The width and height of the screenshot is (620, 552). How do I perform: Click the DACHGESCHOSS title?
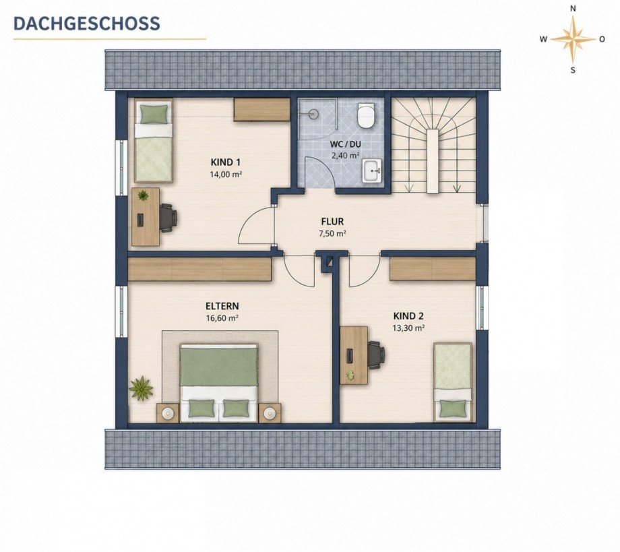[86, 23]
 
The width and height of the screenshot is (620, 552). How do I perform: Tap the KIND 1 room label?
[225, 162]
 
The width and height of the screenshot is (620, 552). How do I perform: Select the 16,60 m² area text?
[222, 317]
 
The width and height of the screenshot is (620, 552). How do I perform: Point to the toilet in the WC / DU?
[365, 115]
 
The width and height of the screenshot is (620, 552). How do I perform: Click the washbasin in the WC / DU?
[372, 171]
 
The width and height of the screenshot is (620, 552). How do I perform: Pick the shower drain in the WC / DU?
[313, 113]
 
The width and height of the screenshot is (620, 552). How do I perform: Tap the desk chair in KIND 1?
[169, 218]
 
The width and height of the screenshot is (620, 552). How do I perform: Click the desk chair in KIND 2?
[376, 355]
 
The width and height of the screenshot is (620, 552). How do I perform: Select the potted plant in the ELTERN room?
[141, 388]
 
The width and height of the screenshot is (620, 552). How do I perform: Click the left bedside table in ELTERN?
[168, 412]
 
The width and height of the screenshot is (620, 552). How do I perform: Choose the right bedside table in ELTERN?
[270, 412]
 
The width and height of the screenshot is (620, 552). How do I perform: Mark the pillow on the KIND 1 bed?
[154, 115]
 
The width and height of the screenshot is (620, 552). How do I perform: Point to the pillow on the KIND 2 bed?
[453, 409]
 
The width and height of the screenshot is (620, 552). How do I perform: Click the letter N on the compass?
[573, 8]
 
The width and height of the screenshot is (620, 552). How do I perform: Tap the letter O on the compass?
[602, 39]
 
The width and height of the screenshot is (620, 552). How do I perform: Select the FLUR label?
[332, 222]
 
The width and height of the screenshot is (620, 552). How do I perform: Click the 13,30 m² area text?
[408, 328]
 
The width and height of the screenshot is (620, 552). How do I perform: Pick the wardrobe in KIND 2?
[433, 269]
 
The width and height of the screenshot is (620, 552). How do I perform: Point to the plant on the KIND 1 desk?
[143, 195]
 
